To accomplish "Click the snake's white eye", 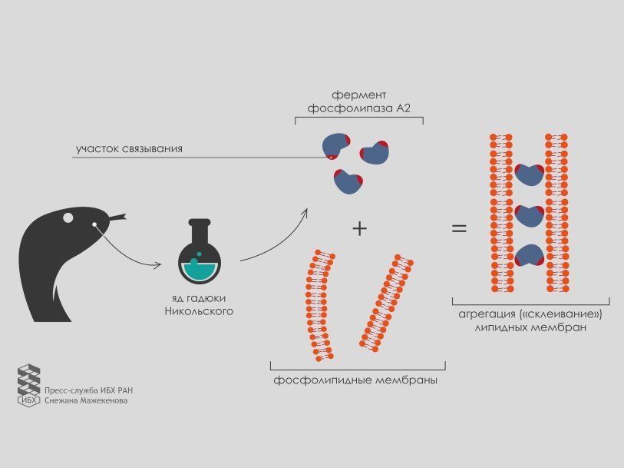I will tap(68, 217).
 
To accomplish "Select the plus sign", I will tap(358, 228).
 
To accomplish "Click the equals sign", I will tap(459, 228).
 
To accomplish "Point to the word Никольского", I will tap(199, 311).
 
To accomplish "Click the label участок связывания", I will tap(128, 148).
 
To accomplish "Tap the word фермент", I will tap(359, 95).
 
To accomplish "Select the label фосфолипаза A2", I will tap(359, 109).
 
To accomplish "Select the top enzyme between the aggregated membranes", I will tap(529, 175).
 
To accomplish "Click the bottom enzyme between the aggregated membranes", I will tap(528, 257).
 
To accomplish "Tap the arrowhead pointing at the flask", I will tap(158, 265).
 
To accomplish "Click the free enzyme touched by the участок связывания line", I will tap(335, 145).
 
